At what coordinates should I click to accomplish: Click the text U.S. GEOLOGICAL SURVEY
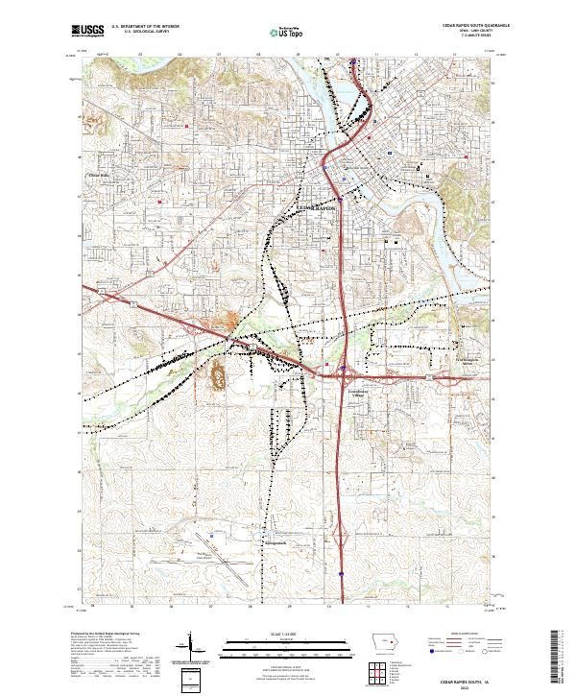coord(140,32)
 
